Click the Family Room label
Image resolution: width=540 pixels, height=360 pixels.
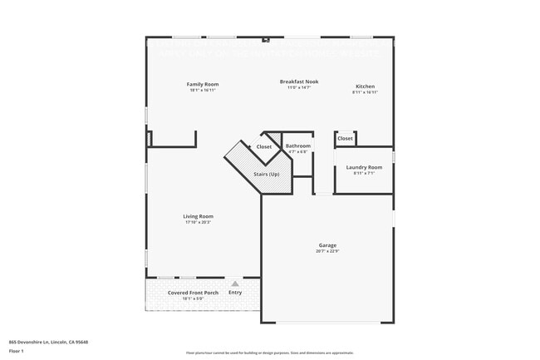click(203, 84)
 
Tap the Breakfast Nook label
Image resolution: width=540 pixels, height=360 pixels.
click(299, 81)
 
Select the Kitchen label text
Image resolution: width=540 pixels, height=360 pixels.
click(366, 86)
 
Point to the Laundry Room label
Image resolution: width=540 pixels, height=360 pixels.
click(364, 167)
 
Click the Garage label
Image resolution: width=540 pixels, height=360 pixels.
click(327, 245)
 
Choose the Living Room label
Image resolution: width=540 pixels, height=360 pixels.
click(198, 216)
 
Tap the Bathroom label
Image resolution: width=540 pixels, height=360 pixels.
click(297, 146)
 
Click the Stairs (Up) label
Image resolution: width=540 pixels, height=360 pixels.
click(267, 174)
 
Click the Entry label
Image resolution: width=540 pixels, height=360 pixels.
click(235, 293)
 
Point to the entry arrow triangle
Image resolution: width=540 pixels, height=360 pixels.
click(235, 284)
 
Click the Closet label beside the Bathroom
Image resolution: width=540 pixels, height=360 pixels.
click(263, 147)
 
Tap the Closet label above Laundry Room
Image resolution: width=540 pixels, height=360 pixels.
click(345, 139)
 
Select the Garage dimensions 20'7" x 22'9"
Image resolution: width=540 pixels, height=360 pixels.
click(327, 251)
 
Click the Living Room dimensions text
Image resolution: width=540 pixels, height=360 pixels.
click(198, 222)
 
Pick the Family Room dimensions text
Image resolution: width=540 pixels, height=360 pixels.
click(203, 90)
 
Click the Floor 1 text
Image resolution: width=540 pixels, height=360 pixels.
click(16, 351)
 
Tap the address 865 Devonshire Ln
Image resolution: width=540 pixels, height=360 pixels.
click(48, 342)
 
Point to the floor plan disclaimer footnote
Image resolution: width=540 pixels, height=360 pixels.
click(270, 353)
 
